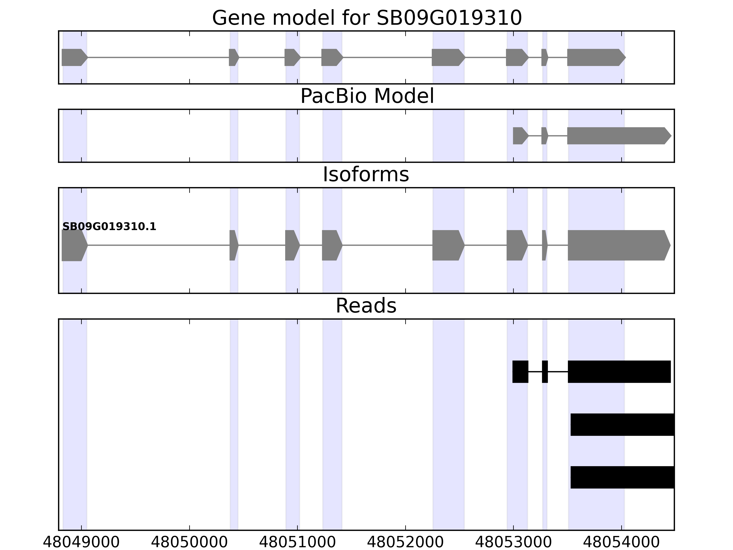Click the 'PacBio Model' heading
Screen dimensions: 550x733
click(366, 96)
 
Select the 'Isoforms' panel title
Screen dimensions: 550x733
click(366, 175)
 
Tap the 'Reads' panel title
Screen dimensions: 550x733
click(366, 306)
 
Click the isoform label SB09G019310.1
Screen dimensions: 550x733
click(109, 227)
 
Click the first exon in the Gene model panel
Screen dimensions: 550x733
click(74, 57)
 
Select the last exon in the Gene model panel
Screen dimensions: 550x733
click(595, 57)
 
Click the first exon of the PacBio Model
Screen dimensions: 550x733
click(520, 136)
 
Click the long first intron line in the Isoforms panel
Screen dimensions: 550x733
click(159, 245)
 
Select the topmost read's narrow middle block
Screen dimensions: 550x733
click(545, 372)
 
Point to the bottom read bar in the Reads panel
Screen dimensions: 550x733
click(622, 477)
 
